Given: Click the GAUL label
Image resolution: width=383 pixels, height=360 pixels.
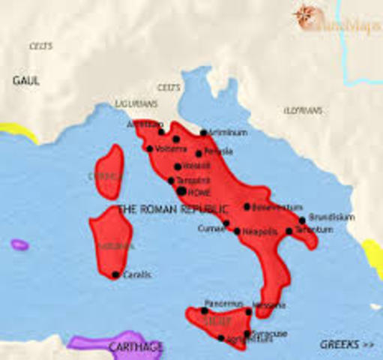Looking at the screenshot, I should (25, 79).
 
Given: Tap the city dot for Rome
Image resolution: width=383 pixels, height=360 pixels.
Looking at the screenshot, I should (181, 192).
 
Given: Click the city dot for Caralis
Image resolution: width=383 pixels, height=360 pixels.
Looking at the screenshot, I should (115, 274).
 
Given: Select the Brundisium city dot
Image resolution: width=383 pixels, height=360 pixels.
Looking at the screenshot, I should (303, 220).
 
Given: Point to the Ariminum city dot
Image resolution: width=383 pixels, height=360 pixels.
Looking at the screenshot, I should (203, 133).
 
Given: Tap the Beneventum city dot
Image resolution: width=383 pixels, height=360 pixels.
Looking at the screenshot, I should (247, 206).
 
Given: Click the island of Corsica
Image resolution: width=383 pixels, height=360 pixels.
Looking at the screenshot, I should (109, 172).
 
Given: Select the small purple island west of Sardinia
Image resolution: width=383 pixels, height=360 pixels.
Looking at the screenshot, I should (19, 244).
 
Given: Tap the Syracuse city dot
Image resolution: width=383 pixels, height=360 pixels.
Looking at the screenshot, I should (248, 333).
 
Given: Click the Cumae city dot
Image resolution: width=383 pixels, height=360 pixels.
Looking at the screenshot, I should (226, 223).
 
